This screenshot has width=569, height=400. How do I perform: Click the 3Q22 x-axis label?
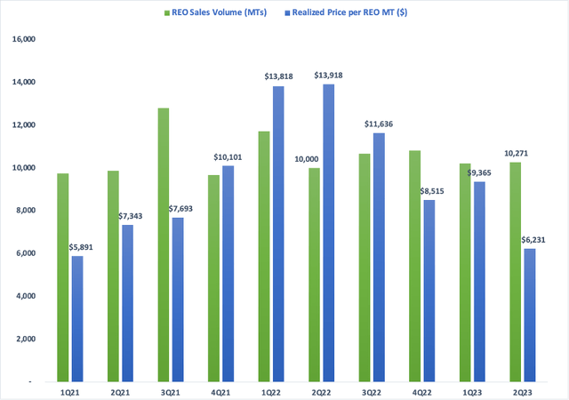[x=374, y=390]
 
